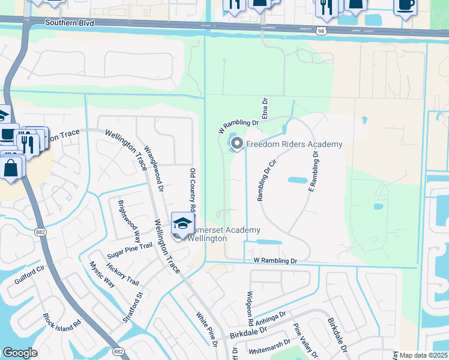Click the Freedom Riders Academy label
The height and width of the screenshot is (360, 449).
coord(294,144)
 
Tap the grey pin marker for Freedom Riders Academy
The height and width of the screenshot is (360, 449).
coord(237,143)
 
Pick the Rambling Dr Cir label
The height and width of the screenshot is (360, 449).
coord(267,181)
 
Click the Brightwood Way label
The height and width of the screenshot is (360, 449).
coord(128,219)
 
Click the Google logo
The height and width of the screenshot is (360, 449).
coord(20,353)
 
